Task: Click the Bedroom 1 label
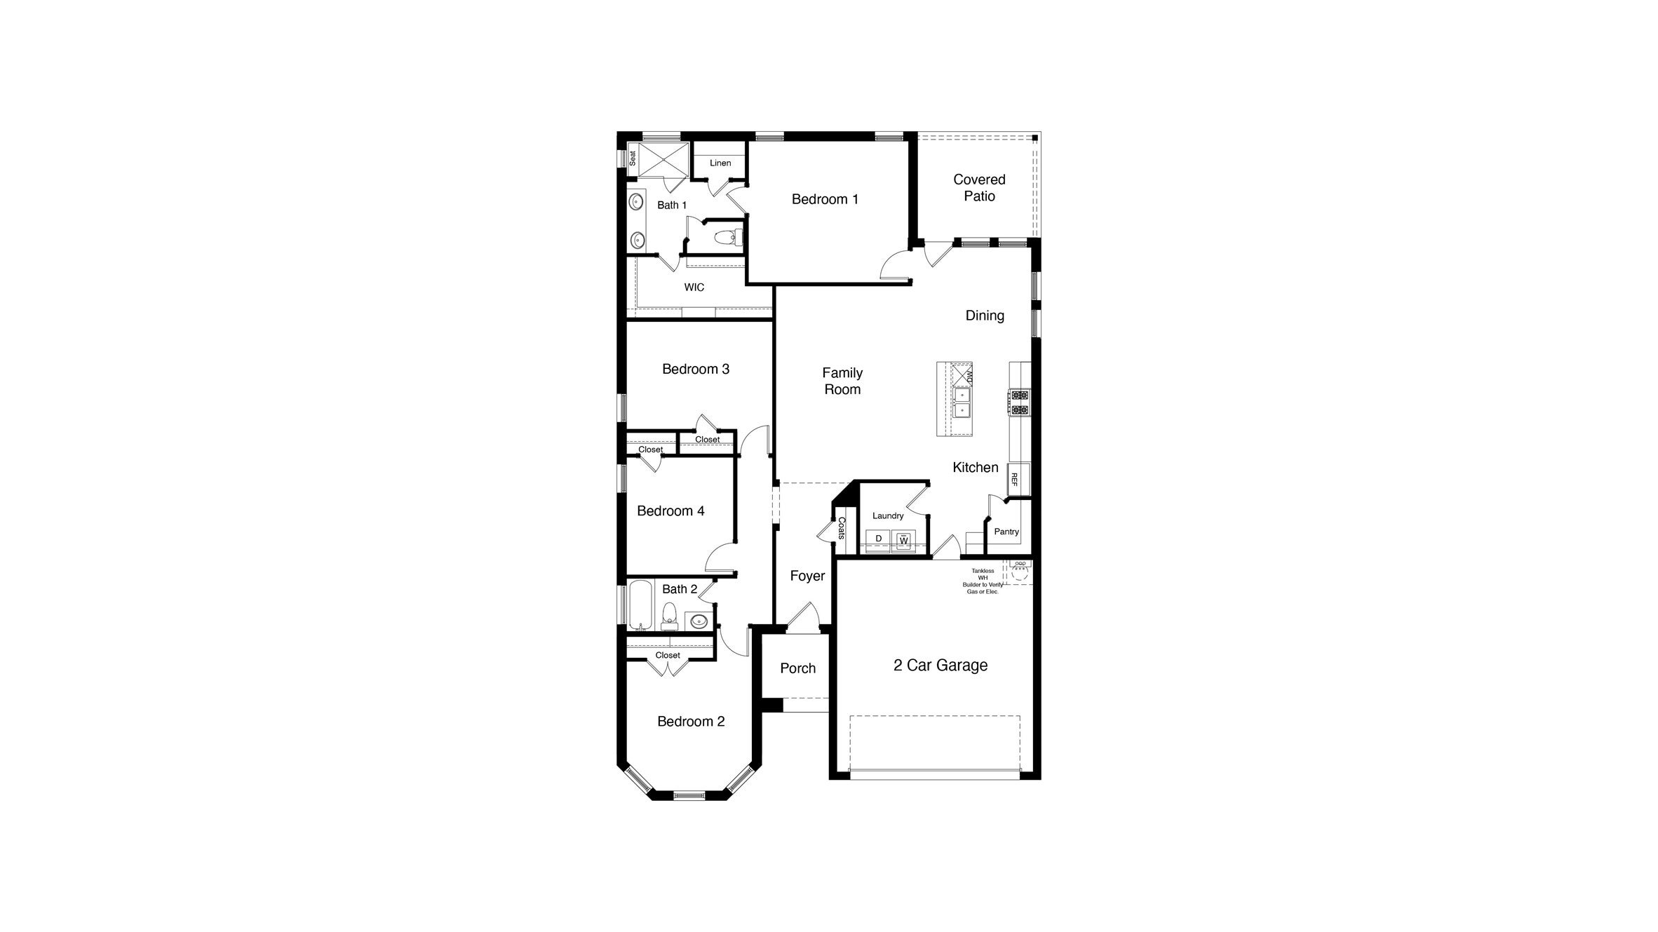point(825,199)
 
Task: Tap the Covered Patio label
point(979,188)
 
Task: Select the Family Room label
point(842,381)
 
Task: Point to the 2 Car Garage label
point(941,666)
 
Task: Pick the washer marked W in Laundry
point(904,541)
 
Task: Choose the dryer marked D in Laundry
point(878,539)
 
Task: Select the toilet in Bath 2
point(670,614)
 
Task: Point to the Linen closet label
point(720,163)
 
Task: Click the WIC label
point(694,288)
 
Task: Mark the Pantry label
point(1006,532)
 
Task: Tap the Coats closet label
point(842,528)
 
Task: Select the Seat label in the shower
point(633,158)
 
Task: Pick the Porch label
point(798,668)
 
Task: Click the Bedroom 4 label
point(670,511)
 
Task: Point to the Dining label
point(985,316)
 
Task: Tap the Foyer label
point(807,576)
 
